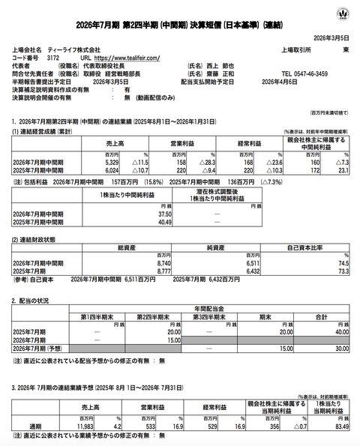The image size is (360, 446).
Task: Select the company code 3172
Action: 53,56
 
